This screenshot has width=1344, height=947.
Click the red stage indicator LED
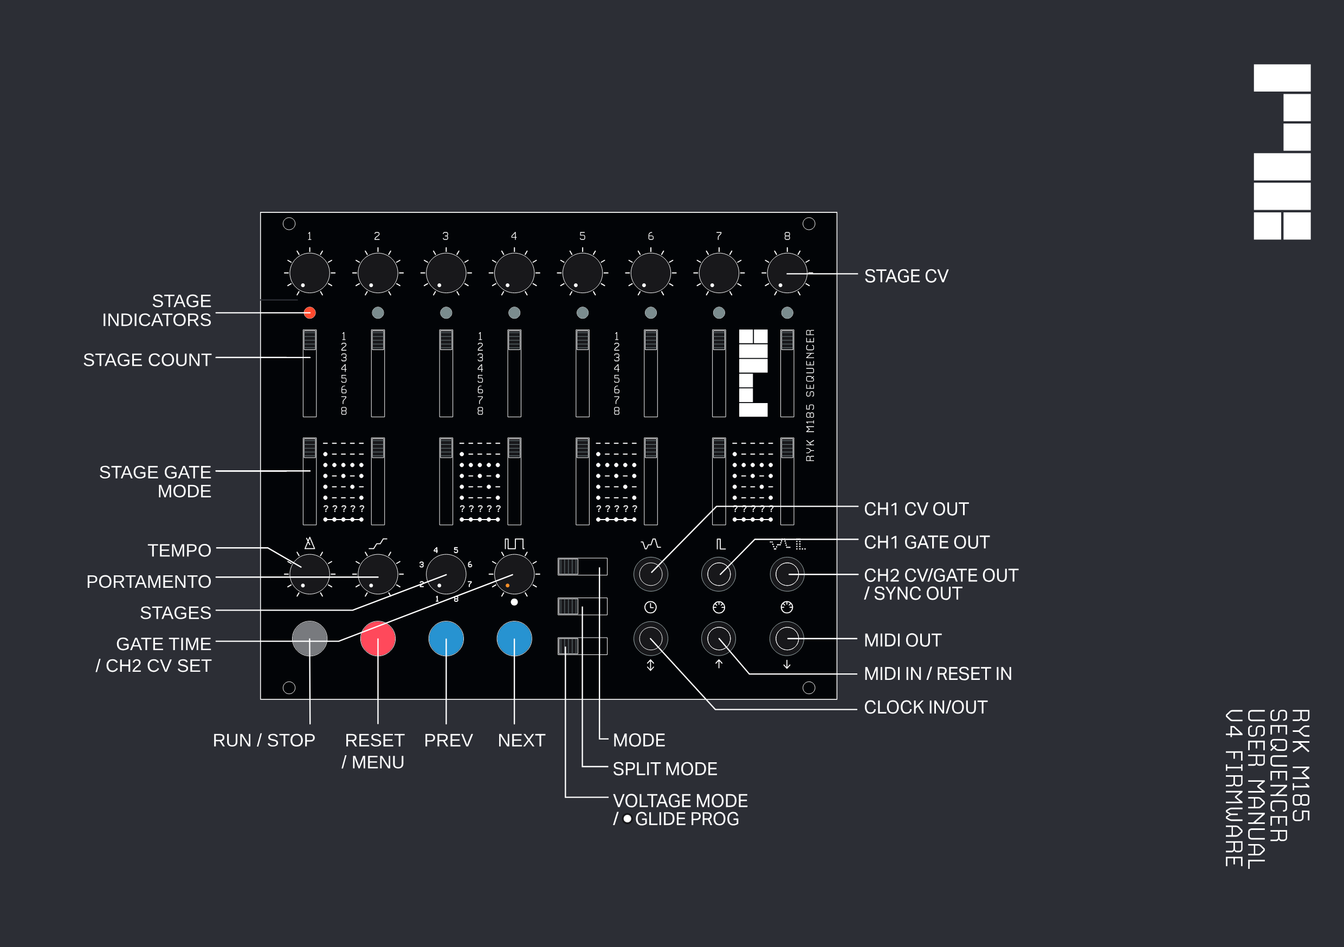coord(309,313)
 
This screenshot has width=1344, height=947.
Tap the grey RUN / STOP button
coord(309,638)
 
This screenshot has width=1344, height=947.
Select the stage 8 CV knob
coord(787,273)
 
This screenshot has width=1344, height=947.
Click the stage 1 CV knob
coord(309,273)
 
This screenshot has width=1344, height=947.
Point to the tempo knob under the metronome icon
coord(309,574)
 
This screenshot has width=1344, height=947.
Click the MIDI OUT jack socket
coord(787,639)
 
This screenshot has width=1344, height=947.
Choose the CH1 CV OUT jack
coord(650,574)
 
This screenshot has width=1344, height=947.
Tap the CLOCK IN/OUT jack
coord(650,639)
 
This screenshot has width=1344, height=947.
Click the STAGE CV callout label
coord(906,276)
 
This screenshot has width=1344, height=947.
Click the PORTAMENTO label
coord(148,581)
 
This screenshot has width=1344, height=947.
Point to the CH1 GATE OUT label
coord(926,542)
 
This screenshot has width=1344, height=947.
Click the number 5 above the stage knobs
coord(582,236)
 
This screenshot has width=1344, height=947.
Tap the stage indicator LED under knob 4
coord(514,313)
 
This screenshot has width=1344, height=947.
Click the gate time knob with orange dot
coord(514,574)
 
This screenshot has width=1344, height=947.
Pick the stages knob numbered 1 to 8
coord(445,574)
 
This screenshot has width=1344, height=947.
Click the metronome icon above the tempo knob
coord(309,543)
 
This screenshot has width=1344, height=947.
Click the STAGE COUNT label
coord(147,359)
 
